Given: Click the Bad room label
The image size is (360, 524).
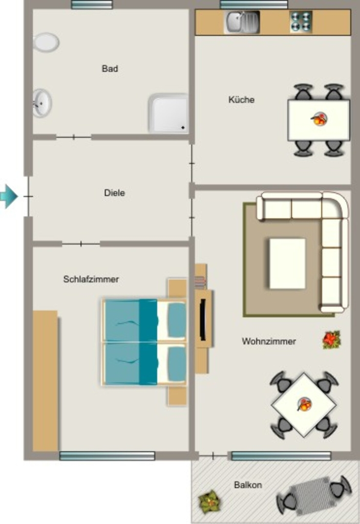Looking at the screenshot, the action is click(110, 69).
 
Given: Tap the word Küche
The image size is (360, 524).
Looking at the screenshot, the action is click(241, 99).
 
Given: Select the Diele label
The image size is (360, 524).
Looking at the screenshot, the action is click(114, 193).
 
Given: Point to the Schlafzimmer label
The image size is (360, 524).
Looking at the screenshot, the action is click(91, 279).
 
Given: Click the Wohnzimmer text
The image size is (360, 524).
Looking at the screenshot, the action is click(269, 341).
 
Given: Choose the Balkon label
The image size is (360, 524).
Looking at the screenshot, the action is click(248, 485).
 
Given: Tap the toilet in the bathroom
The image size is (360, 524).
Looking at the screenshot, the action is click(46, 42).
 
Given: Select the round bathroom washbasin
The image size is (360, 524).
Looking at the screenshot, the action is click(41, 103).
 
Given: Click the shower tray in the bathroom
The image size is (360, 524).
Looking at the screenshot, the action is click(168, 113).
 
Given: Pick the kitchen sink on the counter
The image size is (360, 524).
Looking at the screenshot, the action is click(242, 23).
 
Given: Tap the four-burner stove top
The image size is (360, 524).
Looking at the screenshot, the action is click(301, 22).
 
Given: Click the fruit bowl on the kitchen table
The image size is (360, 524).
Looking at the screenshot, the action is click(319, 119).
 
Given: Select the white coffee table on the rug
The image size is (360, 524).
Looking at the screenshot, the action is click(288, 264).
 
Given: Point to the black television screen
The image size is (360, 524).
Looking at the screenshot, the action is click(202, 319).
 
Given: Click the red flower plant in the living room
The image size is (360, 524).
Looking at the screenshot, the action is click(331, 340).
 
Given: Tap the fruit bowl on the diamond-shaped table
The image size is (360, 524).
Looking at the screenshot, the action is click(304, 405).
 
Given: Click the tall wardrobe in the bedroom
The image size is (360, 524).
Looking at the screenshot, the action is click(45, 381).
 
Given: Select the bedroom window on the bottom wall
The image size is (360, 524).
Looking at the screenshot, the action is click(107, 456).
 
